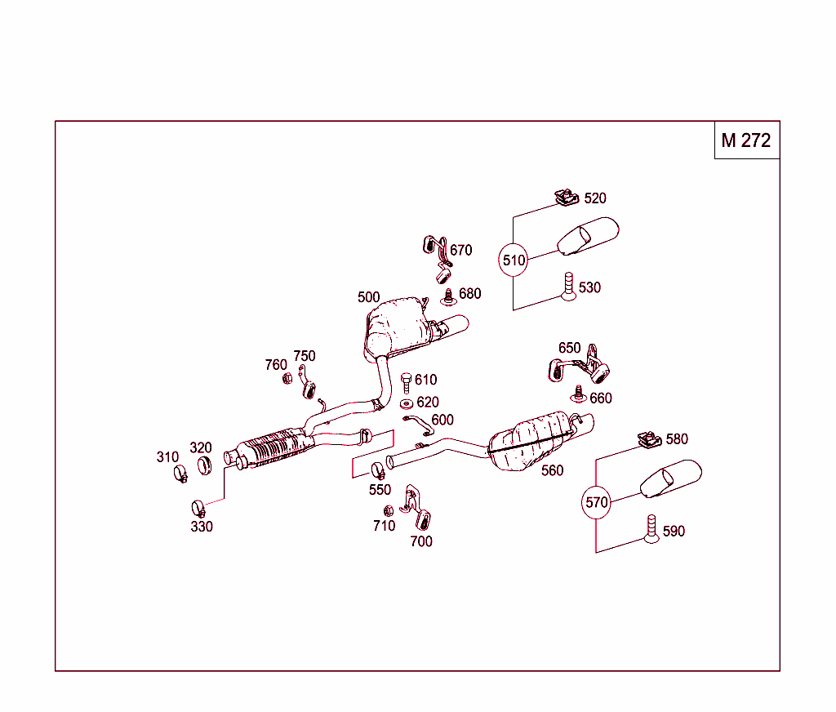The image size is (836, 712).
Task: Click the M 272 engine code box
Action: (x=746, y=140)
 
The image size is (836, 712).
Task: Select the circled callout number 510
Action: (x=514, y=260)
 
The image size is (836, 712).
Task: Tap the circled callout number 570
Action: (x=597, y=502)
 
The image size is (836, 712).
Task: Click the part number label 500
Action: (x=368, y=297)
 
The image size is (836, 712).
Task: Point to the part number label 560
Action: (x=552, y=470)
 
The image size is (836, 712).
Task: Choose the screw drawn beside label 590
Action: (x=651, y=530)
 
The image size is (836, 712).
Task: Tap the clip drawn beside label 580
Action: (x=650, y=440)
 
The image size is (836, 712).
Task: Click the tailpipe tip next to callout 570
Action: (x=670, y=479)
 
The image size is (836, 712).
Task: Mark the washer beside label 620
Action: (x=406, y=403)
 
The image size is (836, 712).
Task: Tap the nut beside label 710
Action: (x=389, y=510)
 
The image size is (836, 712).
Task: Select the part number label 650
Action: (x=569, y=348)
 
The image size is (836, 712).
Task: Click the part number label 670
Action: (x=460, y=251)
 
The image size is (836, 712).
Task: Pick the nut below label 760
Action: (x=287, y=379)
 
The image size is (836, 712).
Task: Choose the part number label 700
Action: (x=421, y=541)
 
